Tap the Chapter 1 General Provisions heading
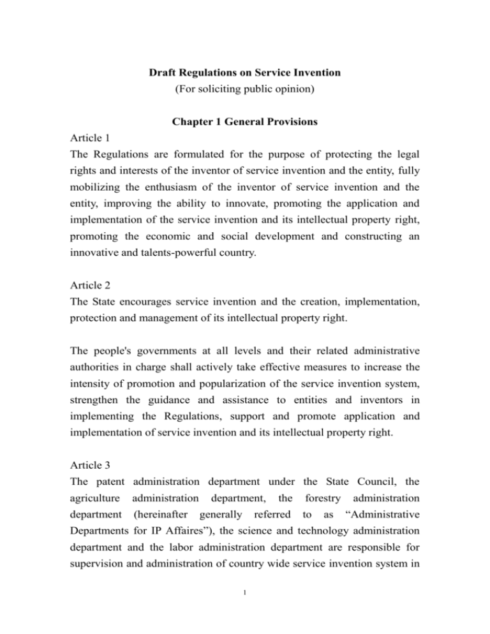point(244,145)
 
